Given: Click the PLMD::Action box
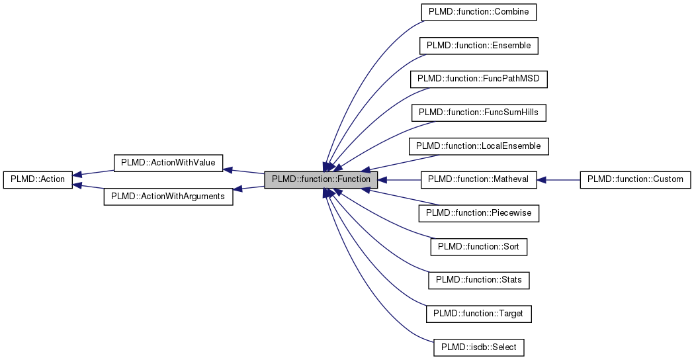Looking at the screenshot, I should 38,179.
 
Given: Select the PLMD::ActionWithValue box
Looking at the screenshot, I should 168,163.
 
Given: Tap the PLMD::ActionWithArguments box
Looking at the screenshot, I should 168,197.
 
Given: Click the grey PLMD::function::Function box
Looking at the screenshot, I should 321,179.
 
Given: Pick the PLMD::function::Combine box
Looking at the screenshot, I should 478,12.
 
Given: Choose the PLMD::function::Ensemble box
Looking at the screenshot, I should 478,46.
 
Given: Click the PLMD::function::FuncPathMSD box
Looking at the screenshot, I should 478,79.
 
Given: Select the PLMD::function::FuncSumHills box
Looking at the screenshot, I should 478,112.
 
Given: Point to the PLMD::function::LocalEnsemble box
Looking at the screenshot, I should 478,146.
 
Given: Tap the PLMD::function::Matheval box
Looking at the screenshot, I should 478,179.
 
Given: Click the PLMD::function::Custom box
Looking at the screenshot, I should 635,179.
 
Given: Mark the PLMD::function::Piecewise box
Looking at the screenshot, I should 478,213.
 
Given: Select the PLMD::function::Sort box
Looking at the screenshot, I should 478,247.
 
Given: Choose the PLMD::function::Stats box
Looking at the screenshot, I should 478,280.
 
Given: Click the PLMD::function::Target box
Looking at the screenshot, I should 478,314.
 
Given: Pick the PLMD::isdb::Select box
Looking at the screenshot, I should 478,347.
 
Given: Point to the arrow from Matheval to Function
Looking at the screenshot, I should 400,179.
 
